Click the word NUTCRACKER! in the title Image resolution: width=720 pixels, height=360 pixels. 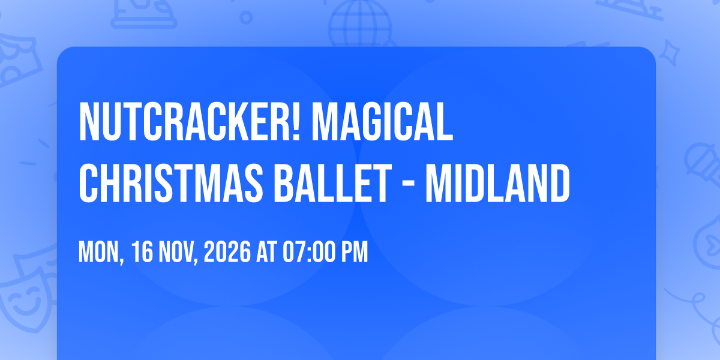click(x=190, y=121)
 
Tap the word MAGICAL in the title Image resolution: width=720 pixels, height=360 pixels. click(x=383, y=121)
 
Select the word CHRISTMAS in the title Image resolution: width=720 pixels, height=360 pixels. click(x=171, y=183)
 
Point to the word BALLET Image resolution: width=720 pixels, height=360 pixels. click(x=333, y=183)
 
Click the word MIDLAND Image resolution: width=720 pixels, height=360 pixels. click(x=498, y=183)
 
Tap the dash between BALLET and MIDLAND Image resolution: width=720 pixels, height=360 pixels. click(x=409, y=185)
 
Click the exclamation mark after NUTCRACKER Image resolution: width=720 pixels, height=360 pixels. click(x=296, y=121)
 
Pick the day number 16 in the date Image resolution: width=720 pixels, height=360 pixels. click(x=142, y=252)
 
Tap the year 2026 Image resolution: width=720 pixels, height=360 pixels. click(x=227, y=252)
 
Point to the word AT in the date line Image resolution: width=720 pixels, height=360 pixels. click(x=266, y=252)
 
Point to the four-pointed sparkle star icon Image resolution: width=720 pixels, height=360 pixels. click(x=669, y=53)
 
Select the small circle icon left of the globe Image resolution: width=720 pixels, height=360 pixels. click(x=246, y=17)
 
